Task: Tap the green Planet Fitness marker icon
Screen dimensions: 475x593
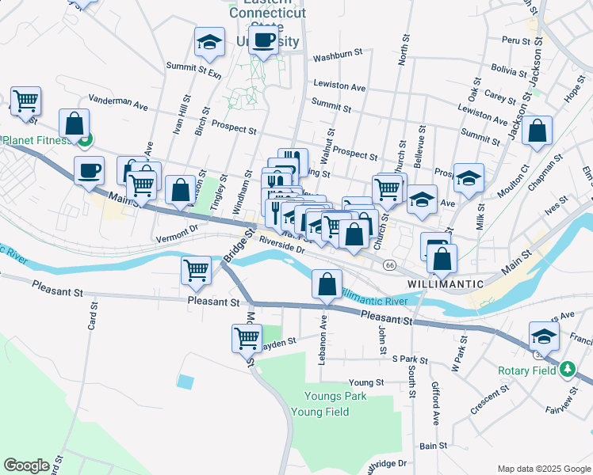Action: [86, 142]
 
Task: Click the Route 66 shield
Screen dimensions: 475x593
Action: [389, 264]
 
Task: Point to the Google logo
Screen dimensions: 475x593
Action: [26, 465]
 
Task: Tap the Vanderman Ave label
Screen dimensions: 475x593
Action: [118, 103]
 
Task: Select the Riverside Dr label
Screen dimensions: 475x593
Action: [281, 244]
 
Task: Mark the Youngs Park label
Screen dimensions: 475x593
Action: [336, 396]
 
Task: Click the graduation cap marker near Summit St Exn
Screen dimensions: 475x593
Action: [209, 43]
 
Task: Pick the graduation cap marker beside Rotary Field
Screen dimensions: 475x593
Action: [544, 338]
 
